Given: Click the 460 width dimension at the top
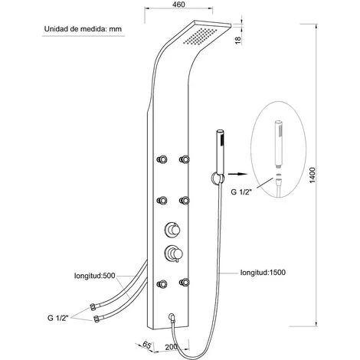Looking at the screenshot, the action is point(178,5).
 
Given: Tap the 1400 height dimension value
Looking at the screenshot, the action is point(313,175).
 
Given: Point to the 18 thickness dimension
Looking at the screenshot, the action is point(237,41).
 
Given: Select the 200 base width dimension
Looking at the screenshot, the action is point(172,347).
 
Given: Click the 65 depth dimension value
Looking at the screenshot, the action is point(146,345).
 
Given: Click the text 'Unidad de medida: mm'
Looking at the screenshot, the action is point(83,29).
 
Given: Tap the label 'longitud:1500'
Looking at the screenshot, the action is point(263,273).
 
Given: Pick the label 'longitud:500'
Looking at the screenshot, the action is point(95,276).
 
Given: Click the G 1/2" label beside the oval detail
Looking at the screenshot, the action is point(241,191).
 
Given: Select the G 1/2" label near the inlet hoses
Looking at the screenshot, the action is point(58,318).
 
